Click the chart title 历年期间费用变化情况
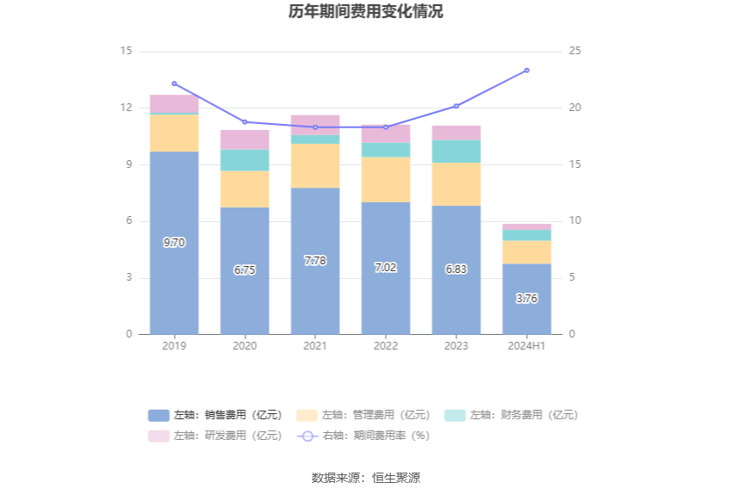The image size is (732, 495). coord(366,12)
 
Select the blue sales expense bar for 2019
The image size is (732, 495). coord(174,207)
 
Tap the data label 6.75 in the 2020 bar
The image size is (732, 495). coord(245,269)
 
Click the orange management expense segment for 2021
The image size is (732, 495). coord(315,165)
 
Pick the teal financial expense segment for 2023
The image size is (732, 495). coord(456,152)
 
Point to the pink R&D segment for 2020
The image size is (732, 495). coord(245,139)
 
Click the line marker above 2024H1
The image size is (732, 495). coord(527,71)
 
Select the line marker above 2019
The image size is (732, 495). coord(174,84)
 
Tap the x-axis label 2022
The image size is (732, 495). coord(386,346)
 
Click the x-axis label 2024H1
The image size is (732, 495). coord(527,346)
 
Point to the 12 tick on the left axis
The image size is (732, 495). coord(127,108)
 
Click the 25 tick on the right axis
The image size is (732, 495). coord(575,52)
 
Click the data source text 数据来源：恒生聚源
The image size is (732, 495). coord(366,478)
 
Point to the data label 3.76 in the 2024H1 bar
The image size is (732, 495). coord(527,299)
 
